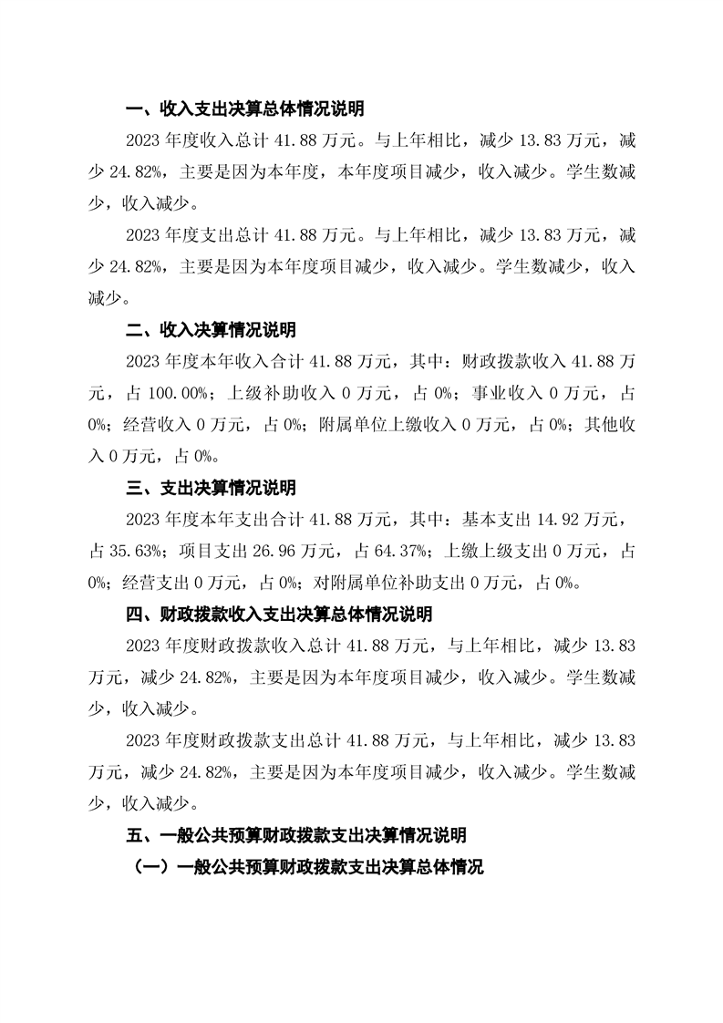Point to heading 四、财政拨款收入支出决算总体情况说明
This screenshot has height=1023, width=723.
coord(278,614)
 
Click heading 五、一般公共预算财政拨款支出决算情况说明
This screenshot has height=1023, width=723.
coord(295,834)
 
